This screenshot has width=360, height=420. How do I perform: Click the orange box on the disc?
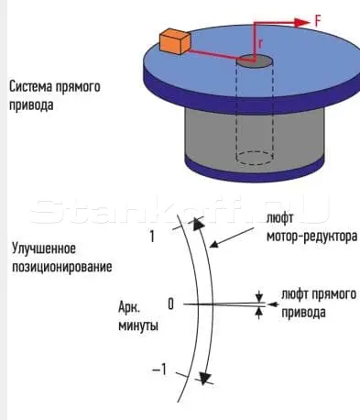(x=175, y=41)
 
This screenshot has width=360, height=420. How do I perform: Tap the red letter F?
(x=318, y=22)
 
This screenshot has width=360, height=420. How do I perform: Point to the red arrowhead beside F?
(x=302, y=22)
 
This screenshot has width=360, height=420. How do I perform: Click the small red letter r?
(x=260, y=44)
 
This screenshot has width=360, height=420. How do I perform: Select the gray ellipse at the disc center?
(x=255, y=61)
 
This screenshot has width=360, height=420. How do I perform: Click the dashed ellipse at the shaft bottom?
(x=255, y=158)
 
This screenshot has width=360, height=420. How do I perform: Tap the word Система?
(x=30, y=86)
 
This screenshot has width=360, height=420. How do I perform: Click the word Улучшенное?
(x=44, y=249)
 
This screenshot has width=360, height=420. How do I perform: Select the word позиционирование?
(x=62, y=267)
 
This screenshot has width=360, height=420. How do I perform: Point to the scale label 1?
(x=152, y=237)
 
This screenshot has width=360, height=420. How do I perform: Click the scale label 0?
(x=170, y=304)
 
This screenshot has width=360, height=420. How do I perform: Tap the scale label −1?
(x=159, y=370)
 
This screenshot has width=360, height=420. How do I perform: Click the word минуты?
(x=138, y=326)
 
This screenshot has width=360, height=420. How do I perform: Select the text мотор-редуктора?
(x=311, y=237)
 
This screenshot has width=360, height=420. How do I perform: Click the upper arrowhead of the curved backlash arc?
(x=198, y=225)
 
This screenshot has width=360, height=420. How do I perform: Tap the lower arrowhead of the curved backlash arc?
(x=204, y=378)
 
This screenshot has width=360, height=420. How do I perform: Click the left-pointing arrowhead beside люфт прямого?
(x=273, y=304)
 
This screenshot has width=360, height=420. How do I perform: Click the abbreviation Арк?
(x=129, y=308)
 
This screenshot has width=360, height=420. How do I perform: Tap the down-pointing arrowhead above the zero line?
(x=259, y=296)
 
